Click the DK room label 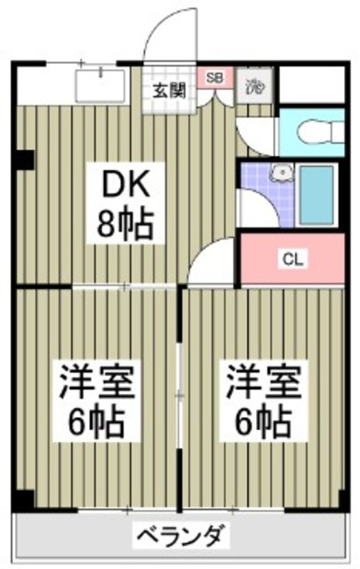(x=126, y=187)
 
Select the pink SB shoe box (x=214, y=77)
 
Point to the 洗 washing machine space (x=253, y=86)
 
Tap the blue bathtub (x=316, y=195)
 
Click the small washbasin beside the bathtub (x=281, y=173)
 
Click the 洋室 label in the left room (x=97, y=383)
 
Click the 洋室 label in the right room (x=261, y=383)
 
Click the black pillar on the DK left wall (x=24, y=161)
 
